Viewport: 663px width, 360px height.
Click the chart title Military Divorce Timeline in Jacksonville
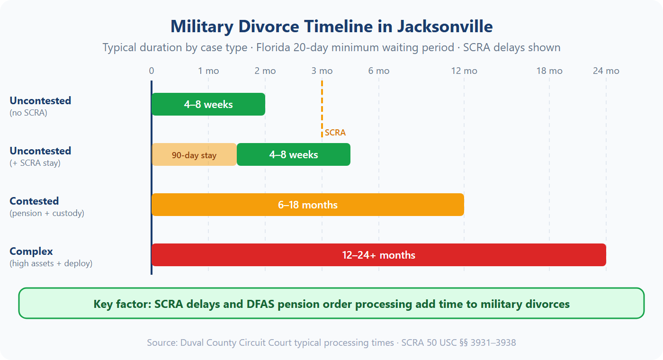pyautogui.click(x=331, y=26)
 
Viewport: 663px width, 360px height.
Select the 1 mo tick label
pyautogui.click(x=208, y=71)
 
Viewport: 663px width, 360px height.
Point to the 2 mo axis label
pyautogui.click(x=265, y=71)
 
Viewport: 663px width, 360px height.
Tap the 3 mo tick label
pyautogui.click(x=322, y=71)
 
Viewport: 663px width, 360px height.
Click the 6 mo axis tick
pyautogui.click(x=379, y=71)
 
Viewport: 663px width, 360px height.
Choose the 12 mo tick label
pyautogui.click(x=464, y=71)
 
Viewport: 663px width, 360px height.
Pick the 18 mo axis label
pyautogui.click(x=549, y=71)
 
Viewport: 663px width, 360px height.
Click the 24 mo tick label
pyautogui.click(x=606, y=71)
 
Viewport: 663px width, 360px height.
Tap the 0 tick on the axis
pyautogui.click(x=152, y=71)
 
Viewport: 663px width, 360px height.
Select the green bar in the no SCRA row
pyautogui.click(x=208, y=104)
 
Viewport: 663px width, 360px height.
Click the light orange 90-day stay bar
pyautogui.click(x=194, y=155)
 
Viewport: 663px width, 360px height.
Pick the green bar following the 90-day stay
pyautogui.click(x=294, y=155)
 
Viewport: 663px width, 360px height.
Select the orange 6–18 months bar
pyautogui.click(x=308, y=205)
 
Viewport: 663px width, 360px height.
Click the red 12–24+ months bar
pyautogui.click(x=379, y=255)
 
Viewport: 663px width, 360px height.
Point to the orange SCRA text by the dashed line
pyautogui.click(x=335, y=133)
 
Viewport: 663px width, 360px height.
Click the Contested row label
pyautogui.click(x=34, y=201)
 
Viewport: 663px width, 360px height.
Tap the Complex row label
pyautogui.click(x=31, y=252)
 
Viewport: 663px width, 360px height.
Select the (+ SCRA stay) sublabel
pyautogui.click(x=35, y=163)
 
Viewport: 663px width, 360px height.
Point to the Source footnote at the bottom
pyautogui.click(x=331, y=342)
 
